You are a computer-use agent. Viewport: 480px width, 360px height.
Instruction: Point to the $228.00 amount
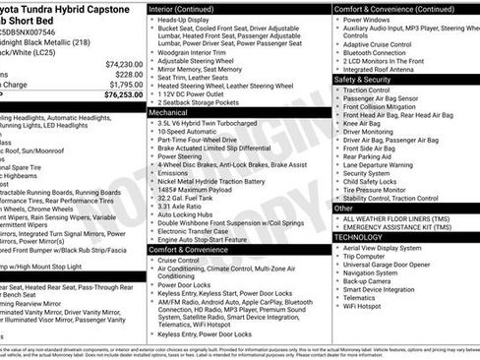[x=128, y=74]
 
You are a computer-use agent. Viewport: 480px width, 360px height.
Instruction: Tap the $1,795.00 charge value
[x=124, y=84]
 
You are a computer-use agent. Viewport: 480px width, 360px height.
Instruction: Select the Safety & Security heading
[x=364, y=79]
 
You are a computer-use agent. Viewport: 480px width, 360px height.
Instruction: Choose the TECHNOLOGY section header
[x=358, y=236]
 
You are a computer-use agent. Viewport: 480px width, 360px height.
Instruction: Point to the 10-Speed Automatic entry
[x=191, y=130]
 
